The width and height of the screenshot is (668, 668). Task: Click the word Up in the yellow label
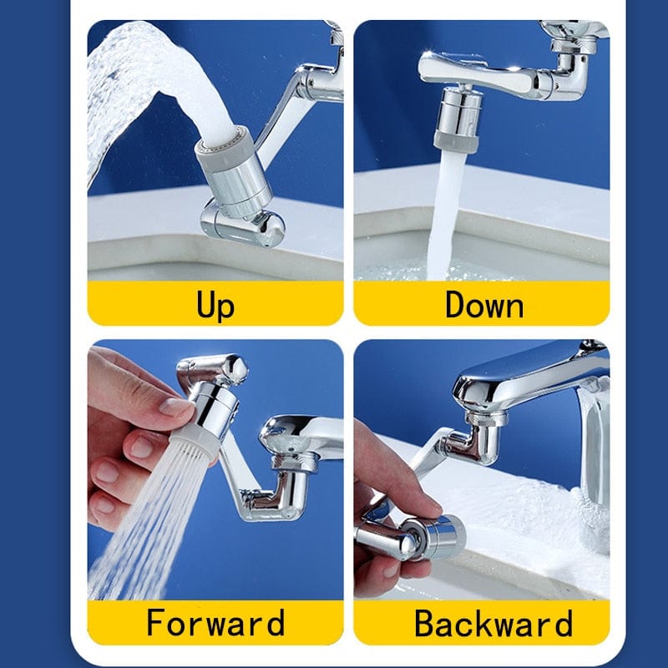pos(215,304)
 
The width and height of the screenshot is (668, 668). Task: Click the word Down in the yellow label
pos(483,304)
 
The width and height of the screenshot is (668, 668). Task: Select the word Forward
pos(215,623)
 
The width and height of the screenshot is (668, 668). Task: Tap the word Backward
pos(493,623)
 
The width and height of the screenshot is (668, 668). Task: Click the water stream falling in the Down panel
pos(443,217)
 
